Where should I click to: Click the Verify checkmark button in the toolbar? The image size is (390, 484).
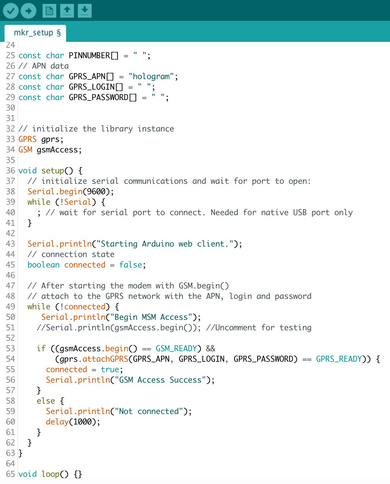10,10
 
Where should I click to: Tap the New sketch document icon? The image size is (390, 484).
49,10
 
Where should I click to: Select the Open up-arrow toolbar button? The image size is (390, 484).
67,10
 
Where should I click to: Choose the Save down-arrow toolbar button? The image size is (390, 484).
85,10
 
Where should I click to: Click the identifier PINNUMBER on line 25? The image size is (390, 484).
89,56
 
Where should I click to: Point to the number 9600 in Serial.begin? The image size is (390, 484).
96,192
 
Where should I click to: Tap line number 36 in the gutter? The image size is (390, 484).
10,171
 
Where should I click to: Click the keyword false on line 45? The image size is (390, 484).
131,265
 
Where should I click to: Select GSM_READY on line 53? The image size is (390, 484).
176,349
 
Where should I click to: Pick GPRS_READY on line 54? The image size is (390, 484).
339,359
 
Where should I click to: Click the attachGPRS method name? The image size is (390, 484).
105,359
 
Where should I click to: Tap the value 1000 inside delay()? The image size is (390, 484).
82,422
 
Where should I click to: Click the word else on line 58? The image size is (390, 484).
46,401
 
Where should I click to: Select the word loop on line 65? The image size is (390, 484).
50,474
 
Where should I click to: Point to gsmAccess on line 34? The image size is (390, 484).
57,150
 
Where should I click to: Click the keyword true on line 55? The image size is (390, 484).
110,370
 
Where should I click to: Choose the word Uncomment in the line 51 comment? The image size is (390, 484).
236,328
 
